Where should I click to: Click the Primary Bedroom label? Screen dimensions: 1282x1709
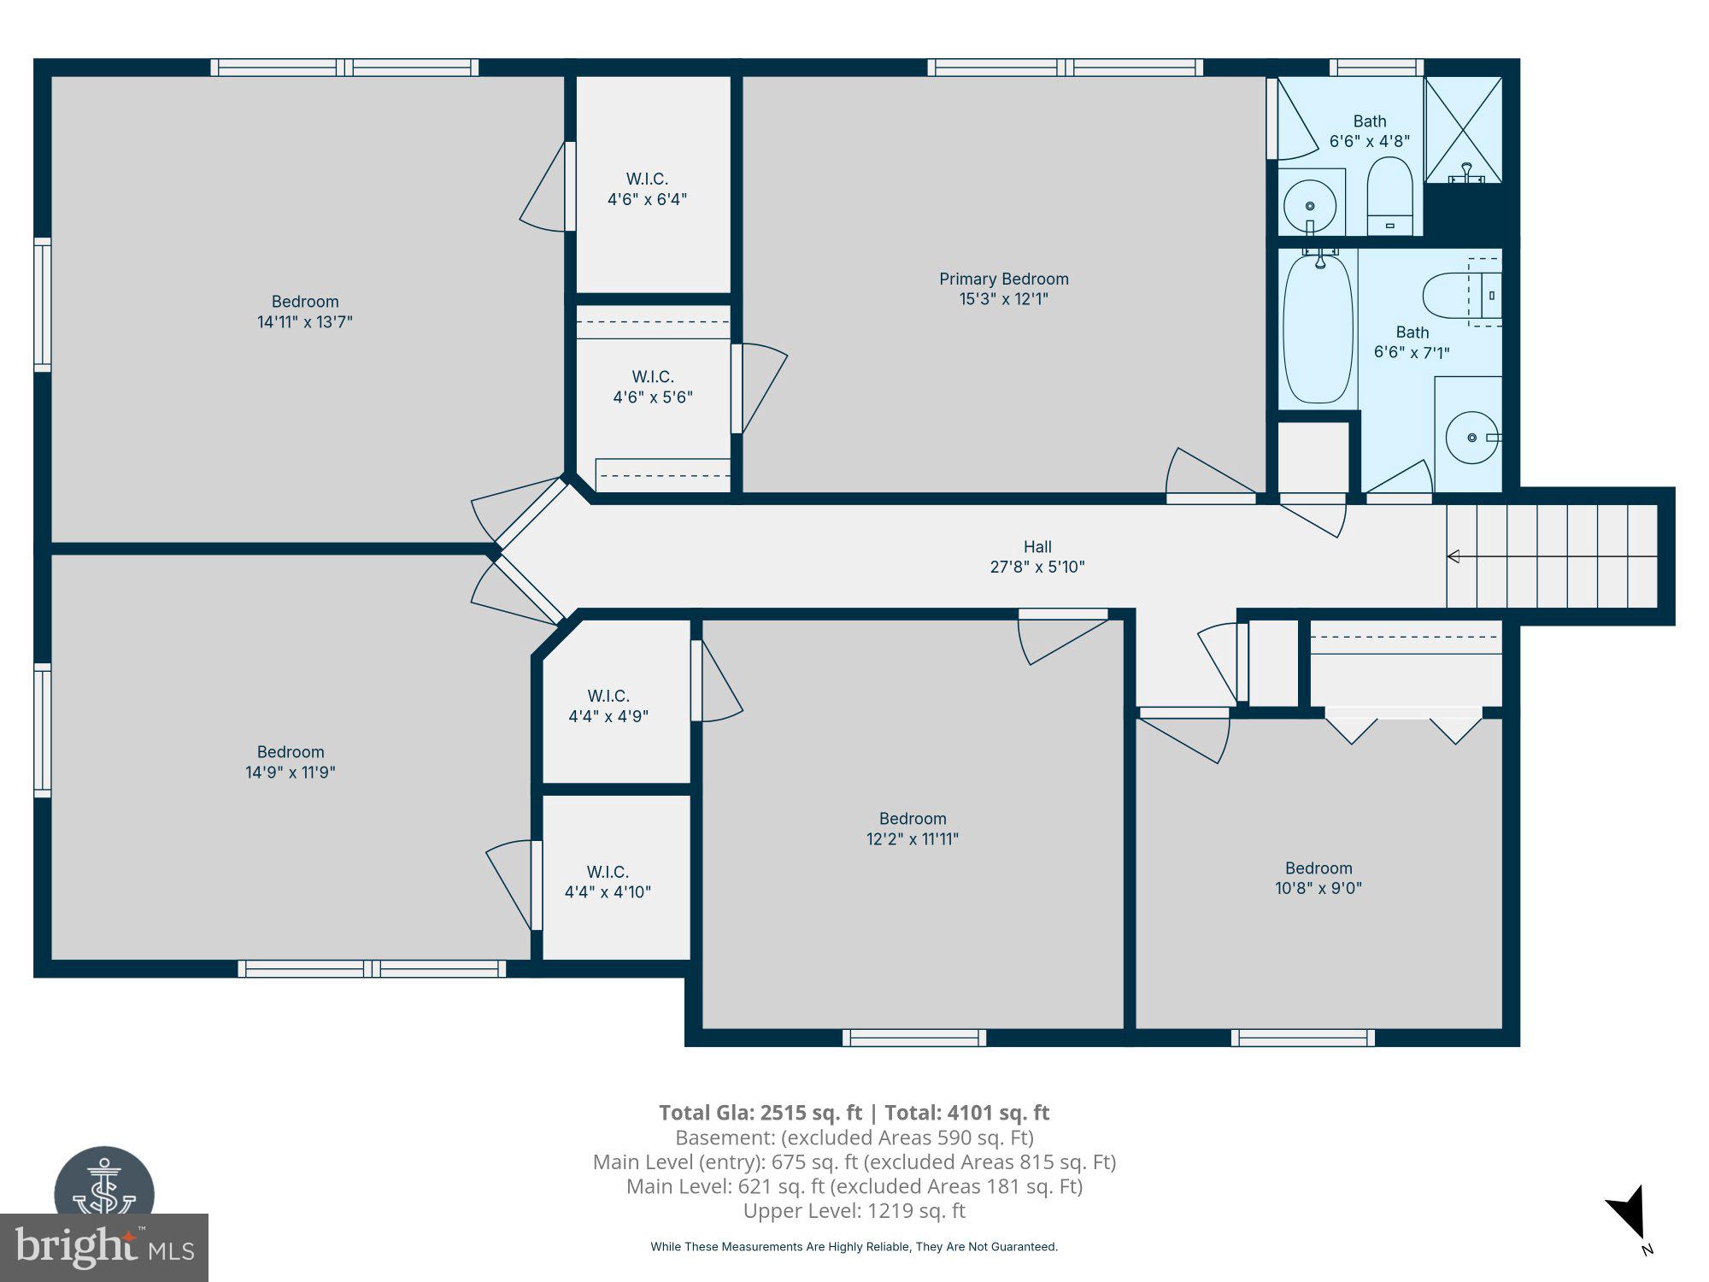click(1003, 279)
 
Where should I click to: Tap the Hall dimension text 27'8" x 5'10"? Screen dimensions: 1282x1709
click(1037, 567)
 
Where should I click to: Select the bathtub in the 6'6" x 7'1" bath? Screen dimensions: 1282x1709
click(1318, 329)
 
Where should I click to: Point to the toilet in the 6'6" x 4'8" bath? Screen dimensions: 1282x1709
click(1389, 192)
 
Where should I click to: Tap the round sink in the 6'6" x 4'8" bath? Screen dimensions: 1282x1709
click(1309, 206)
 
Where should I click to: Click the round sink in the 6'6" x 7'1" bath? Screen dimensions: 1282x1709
click(1471, 438)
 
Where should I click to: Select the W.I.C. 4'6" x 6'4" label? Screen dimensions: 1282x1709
click(647, 189)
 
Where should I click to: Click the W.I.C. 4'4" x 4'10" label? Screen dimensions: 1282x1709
click(608, 882)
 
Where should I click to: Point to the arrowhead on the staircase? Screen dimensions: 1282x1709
click(1453, 557)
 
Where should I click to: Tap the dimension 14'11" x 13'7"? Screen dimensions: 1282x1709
click(305, 322)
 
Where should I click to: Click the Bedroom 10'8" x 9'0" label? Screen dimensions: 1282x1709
click(1318, 878)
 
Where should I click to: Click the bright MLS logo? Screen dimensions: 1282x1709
click(104, 1247)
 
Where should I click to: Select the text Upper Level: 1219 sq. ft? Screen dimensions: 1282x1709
click(854, 1211)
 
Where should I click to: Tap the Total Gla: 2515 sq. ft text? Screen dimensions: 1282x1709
click(761, 1113)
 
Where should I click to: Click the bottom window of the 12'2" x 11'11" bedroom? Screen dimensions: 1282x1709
click(914, 1038)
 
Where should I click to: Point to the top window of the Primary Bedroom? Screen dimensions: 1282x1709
click(1065, 68)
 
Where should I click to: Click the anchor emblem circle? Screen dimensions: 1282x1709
click(104, 1184)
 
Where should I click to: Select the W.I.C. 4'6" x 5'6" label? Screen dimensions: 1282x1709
click(653, 387)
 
